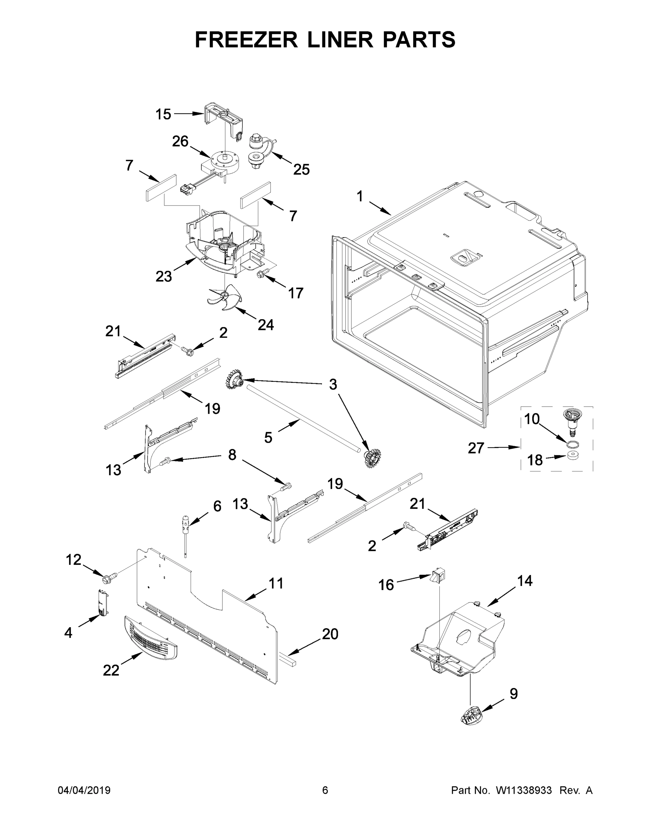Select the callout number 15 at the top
[x=163, y=114]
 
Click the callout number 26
[x=180, y=141]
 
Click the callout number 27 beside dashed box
[x=476, y=448]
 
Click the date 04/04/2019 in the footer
[x=84, y=790]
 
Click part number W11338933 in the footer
[x=524, y=790]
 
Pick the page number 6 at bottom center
[x=325, y=790]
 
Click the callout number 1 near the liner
[x=360, y=197]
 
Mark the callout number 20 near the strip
[x=330, y=634]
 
